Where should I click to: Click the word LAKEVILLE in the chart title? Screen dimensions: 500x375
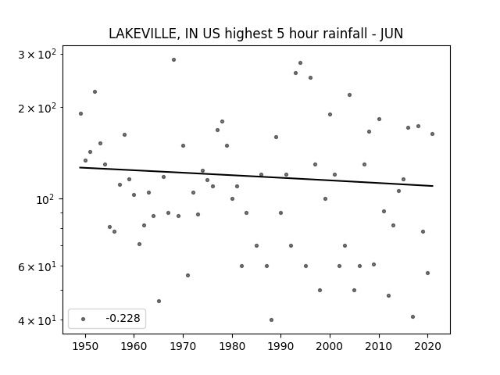coord(142,34)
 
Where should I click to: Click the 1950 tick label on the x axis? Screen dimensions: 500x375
coord(85,346)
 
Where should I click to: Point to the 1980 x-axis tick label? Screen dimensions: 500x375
coord(232,346)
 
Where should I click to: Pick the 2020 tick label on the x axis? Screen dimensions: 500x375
coord(428,346)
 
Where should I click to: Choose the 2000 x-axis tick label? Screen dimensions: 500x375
coord(330,346)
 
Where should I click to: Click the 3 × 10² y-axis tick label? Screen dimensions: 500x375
coord(37,54)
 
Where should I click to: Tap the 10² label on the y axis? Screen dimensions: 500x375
coord(46,199)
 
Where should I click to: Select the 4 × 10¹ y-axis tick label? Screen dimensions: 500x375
coord(37,320)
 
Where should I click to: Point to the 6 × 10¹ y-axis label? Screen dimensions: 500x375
coord(37,266)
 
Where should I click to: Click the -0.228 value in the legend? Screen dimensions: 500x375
coord(123,318)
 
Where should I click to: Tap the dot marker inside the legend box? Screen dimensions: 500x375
coord(84,319)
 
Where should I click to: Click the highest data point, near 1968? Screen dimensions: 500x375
coord(173,59)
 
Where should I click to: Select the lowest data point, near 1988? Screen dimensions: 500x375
coord(271,320)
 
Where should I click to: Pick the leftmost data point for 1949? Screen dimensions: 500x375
coord(80,113)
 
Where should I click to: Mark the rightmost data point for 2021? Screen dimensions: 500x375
coord(432,134)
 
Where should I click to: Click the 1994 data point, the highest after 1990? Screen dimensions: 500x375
coord(300,62)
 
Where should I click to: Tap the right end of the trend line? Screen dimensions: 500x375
coord(433,186)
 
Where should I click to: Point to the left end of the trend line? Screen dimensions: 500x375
coord(80,167)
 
